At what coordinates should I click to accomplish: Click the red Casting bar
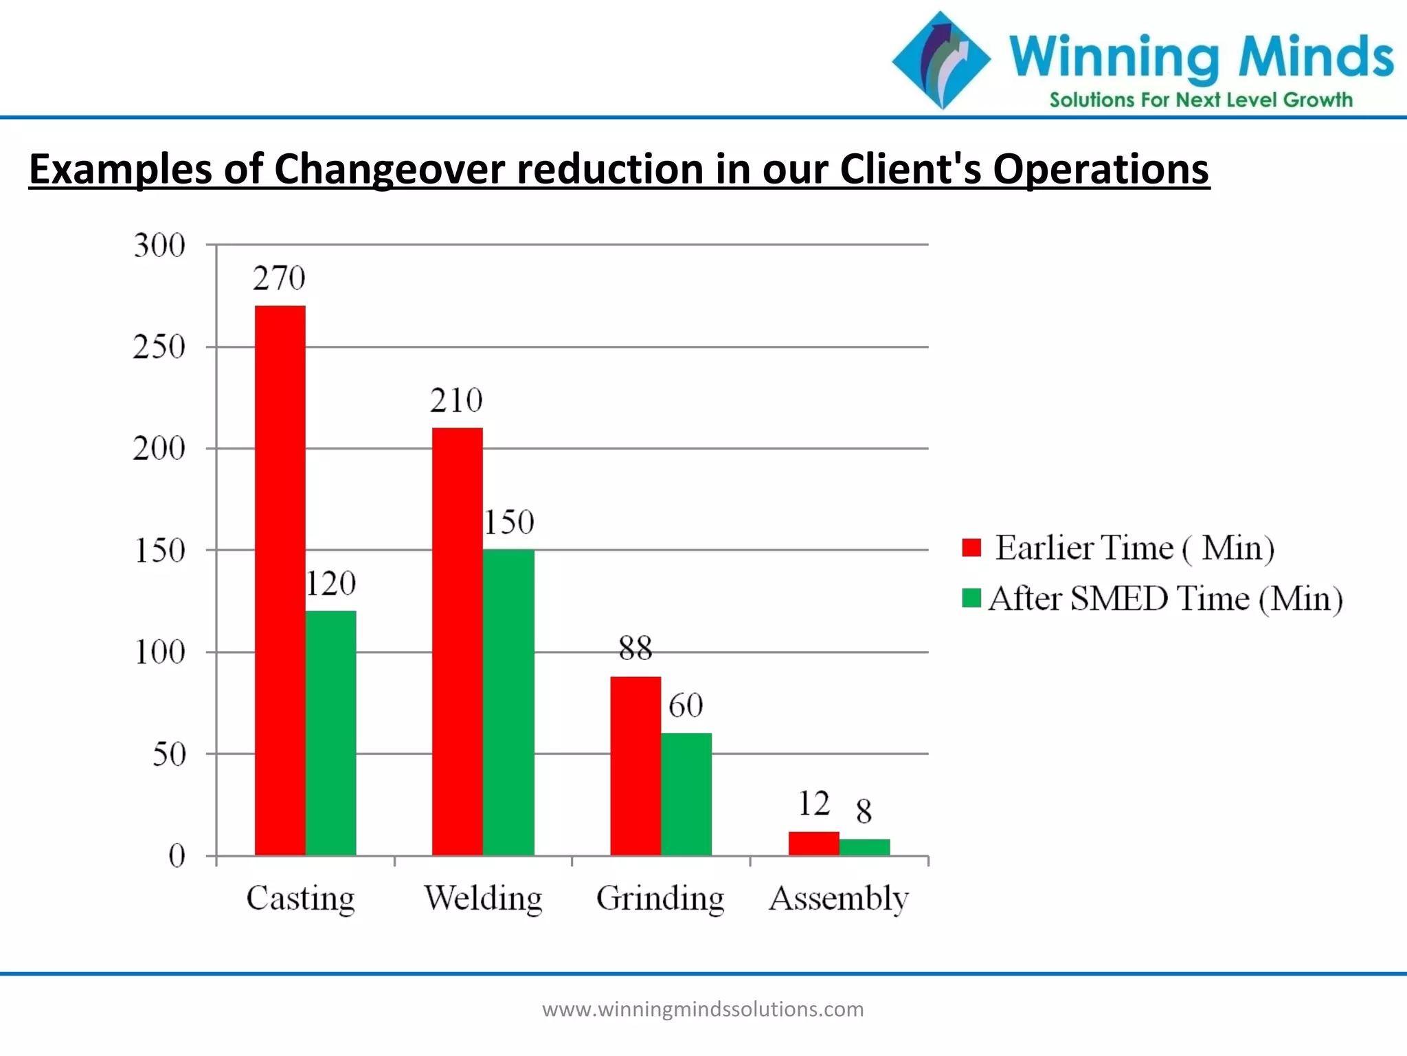coord(280,581)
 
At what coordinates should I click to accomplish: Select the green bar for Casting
coord(330,733)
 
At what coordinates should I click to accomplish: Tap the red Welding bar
coord(457,641)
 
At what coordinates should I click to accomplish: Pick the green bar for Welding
coord(508,703)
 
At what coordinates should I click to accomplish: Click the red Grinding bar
coord(635,766)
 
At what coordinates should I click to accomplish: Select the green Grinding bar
coord(686,794)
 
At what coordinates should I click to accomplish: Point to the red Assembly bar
coord(813,844)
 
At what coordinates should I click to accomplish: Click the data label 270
coord(279,278)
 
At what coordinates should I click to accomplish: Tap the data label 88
coord(635,648)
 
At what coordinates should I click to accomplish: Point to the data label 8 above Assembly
coord(864,811)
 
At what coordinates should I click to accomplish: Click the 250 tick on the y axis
coord(159,347)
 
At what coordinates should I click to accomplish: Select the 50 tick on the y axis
coord(169,755)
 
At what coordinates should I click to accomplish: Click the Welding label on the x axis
coord(483,898)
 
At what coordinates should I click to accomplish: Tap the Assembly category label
coord(838,898)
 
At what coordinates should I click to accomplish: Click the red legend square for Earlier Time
coord(971,547)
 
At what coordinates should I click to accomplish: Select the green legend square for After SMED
coord(971,597)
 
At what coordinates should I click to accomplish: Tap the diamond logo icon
coord(941,60)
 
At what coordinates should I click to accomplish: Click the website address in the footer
coord(703,1009)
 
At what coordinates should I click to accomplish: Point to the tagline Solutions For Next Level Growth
coord(1200,100)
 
